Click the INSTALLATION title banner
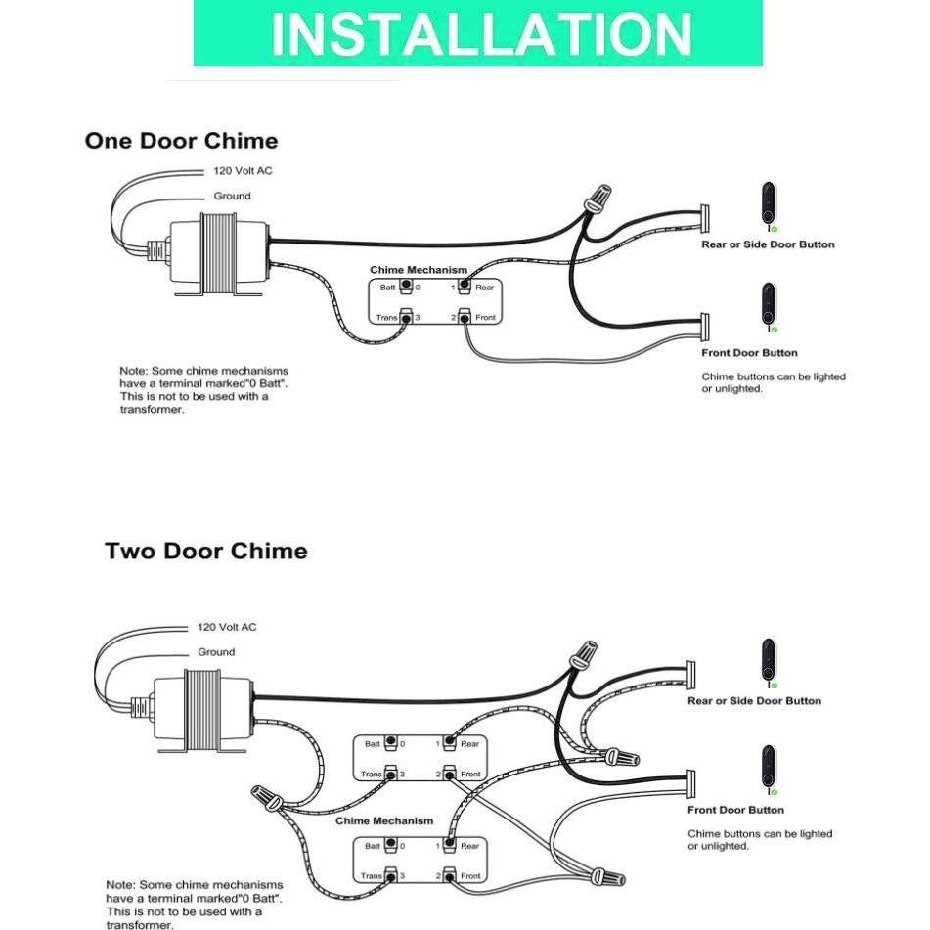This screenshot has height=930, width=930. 478,33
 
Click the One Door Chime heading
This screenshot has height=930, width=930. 181,141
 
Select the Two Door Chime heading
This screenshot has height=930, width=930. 205,551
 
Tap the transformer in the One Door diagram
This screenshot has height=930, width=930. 217,252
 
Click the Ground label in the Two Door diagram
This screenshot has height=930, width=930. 216,652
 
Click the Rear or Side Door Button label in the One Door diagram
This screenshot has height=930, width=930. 768,244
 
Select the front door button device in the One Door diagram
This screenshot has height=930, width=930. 769,307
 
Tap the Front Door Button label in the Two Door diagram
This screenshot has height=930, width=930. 735,810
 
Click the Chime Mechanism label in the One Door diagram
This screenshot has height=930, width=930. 419,270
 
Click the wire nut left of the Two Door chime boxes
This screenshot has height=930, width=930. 266,796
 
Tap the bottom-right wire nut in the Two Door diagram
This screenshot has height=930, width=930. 608,871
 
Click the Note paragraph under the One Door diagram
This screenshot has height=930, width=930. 203,390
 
